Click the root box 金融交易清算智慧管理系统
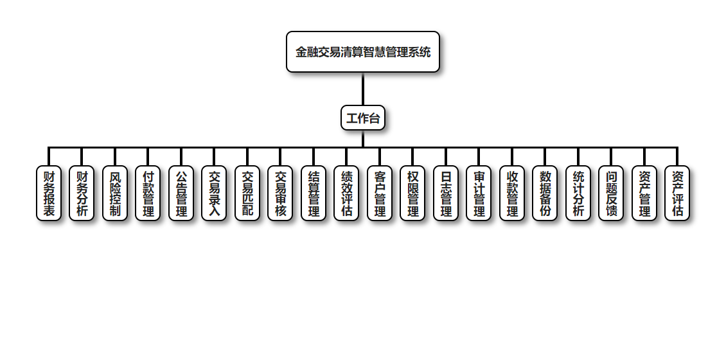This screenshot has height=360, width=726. pyautogui.click(x=363, y=52)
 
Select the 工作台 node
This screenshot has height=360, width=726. pyautogui.click(x=363, y=118)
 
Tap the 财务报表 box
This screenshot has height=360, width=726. pyautogui.click(x=49, y=194)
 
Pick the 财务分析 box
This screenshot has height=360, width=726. pyautogui.click(x=82, y=194)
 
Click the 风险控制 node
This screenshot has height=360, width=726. pyautogui.click(x=115, y=194)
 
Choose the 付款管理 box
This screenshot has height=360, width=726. pyautogui.click(x=148, y=194)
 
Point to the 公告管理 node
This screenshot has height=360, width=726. pyautogui.click(x=181, y=194)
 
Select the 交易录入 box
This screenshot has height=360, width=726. pyautogui.click(x=214, y=194)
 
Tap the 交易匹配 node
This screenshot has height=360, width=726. pyautogui.click(x=247, y=194)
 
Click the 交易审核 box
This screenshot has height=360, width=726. pyautogui.click(x=280, y=194)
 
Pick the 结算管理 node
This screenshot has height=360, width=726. pyautogui.click(x=314, y=194)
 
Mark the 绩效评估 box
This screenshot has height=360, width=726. pyautogui.click(x=346, y=194)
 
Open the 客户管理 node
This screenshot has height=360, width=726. pyautogui.click(x=380, y=194)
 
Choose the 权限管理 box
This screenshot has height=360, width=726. pyautogui.click(x=412, y=194)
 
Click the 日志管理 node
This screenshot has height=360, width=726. pyautogui.click(x=446, y=194)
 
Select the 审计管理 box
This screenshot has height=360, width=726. pyautogui.click(x=479, y=194)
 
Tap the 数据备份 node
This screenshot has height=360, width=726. pyautogui.click(x=545, y=194)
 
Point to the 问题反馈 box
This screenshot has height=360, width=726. pyautogui.click(x=611, y=194)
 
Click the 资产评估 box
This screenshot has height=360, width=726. pyautogui.click(x=677, y=194)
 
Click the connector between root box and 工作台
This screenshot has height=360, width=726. pyautogui.click(x=363, y=89)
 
